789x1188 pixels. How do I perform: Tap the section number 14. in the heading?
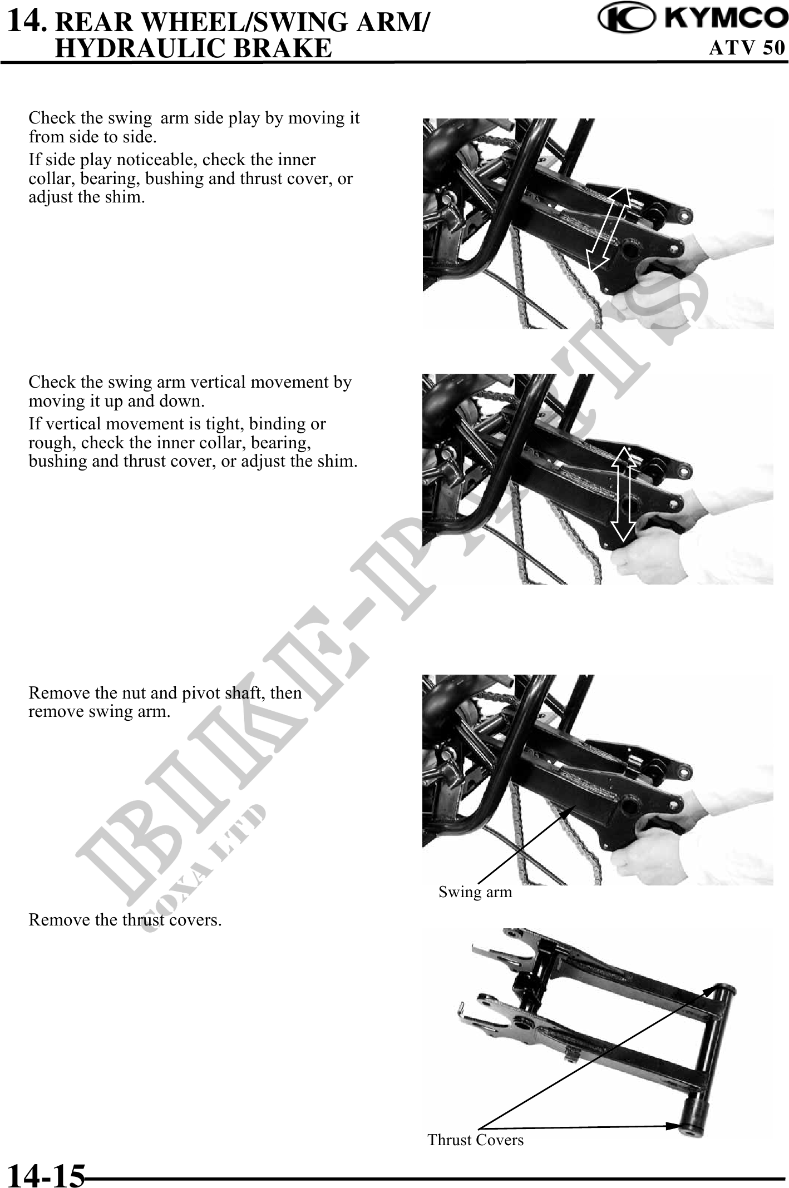pyautogui.click(x=29, y=21)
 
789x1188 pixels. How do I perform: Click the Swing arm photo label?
pyautogui.click(x=475, y=892)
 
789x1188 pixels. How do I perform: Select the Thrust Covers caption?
pyautogui.click(x=476, y=1140)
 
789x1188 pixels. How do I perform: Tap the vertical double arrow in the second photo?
pyautogui.click(x=625, y=493)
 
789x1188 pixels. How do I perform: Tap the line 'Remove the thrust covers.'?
pyautogui.click(x=125, y=920)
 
